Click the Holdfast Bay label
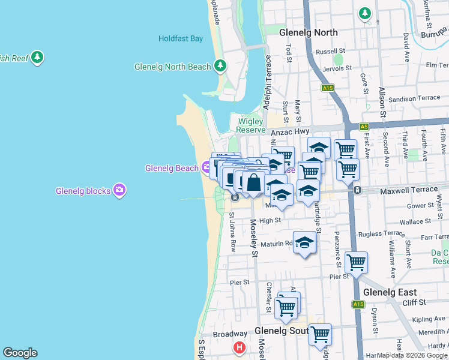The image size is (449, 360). click(181, 38)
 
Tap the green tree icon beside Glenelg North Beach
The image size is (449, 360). click(220, 65)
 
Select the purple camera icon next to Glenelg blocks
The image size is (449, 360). click(120, 190)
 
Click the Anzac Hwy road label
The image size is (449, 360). click(289, 131)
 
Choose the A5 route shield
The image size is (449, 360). click(364, 127)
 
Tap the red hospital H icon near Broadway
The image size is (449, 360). click(240, 347)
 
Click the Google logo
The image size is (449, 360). click(20, 353)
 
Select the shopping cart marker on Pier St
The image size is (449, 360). click(357, 262)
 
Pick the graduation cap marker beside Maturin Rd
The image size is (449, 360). click(305, 242)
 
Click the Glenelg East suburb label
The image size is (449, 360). click(390, 292)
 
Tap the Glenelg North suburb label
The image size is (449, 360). click(310, 33)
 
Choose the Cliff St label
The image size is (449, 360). click(414, 302)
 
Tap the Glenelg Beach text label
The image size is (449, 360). click(172, 168)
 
